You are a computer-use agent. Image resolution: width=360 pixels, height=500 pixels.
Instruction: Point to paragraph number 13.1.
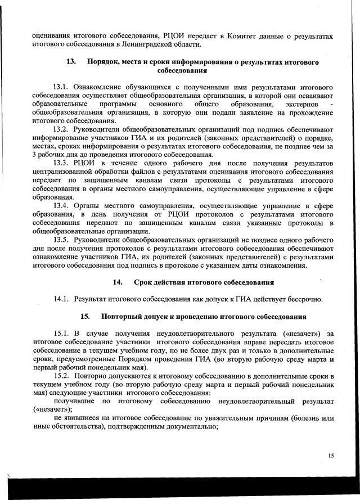click(x=61, y=88)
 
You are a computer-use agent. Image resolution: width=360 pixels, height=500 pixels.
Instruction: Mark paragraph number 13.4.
click(x=61, y=206)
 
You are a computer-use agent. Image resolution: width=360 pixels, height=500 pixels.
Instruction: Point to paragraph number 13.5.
click(x=61, y=240)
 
